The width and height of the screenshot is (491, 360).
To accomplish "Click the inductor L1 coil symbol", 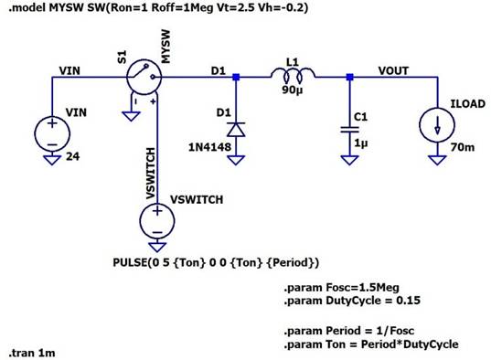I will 292,74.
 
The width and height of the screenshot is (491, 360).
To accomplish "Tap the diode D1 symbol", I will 236,128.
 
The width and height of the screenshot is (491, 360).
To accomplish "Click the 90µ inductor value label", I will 293,90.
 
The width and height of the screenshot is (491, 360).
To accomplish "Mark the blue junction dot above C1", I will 348,78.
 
